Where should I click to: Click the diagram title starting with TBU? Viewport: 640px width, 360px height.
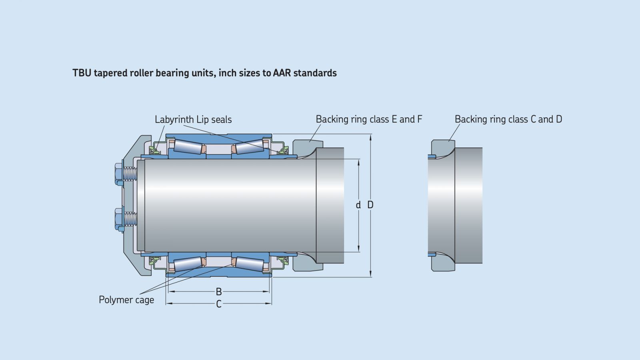[x=204, y=73]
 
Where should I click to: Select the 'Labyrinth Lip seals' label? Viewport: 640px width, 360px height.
[x=193, y=120]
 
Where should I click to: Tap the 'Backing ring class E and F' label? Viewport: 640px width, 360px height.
[x=369, y=119]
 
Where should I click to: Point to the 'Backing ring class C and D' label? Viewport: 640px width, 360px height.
[x=508, y=119]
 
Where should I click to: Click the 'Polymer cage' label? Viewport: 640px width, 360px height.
[x=126, y=300]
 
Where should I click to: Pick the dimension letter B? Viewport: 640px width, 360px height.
[x=218, y=292]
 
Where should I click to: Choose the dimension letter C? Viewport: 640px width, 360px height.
[x=218, y=304]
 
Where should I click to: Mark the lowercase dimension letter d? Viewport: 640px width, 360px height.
[x=358, y=205]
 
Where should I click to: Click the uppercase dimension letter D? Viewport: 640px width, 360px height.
[x=370, y=205]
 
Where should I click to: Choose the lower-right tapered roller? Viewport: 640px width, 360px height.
[x=250, y=264]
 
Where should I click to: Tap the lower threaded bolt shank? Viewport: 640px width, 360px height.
[x=130, y=218]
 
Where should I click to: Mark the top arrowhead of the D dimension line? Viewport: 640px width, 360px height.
[x=370, y=138]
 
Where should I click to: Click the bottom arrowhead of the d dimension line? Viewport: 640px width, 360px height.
[x=358, y=249]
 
